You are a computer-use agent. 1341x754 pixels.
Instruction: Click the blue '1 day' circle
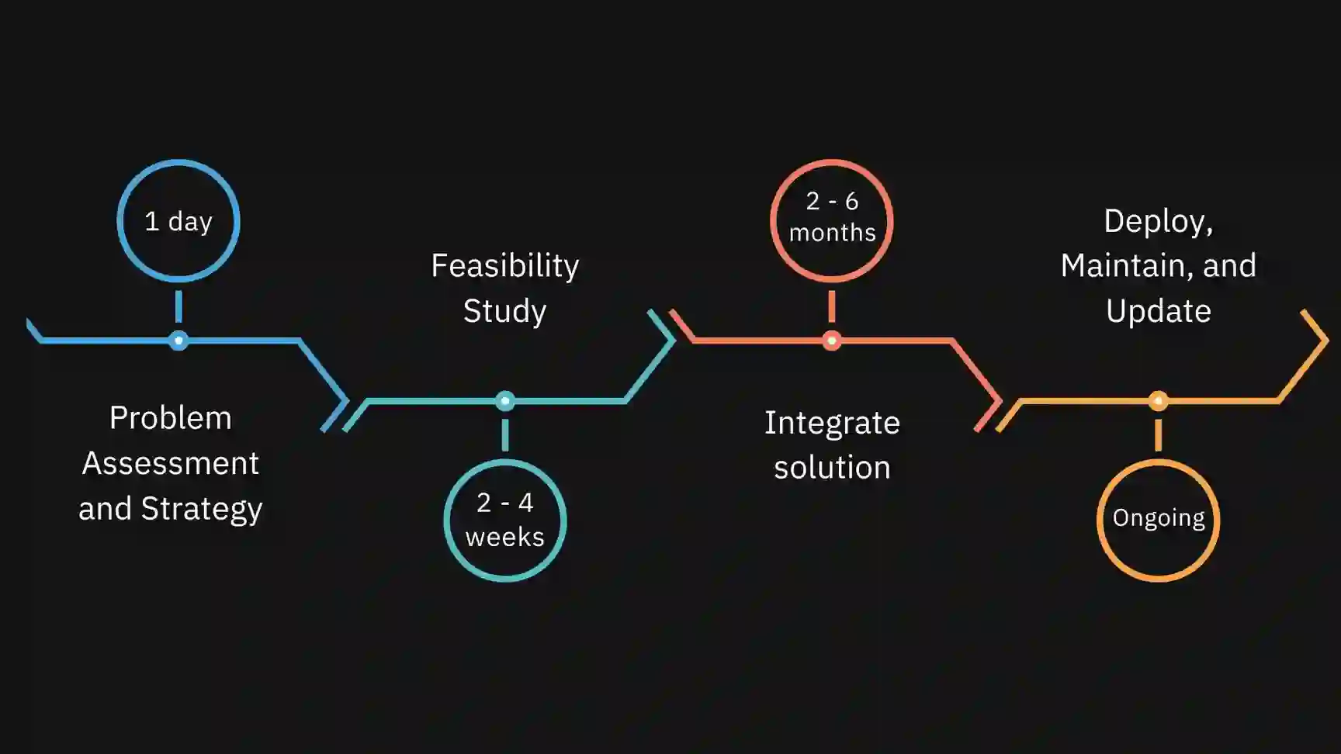point(178,221)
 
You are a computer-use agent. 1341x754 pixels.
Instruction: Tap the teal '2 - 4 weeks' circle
point(505,520)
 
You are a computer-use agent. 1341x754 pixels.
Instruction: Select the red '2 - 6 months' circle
point(832,220)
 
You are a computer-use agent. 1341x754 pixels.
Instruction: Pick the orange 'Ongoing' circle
point(1158,520)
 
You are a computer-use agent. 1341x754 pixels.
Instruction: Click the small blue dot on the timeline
point(178,341)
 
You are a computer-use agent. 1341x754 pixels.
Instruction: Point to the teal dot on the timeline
point(505,401)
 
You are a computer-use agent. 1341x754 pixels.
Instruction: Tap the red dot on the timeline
point(832,341)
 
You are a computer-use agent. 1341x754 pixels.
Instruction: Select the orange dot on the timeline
point(1158,401)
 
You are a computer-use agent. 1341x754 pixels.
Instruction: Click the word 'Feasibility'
point(505,266)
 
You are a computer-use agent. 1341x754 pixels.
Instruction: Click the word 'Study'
point(505,311)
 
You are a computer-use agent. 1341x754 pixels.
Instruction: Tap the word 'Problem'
point(171,418)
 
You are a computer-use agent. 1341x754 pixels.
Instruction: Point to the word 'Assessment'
point(171,463)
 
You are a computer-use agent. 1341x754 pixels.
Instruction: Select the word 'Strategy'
point(202,509)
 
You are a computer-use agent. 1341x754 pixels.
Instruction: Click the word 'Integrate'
point(832,423)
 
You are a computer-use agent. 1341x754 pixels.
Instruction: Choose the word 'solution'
point(832,468)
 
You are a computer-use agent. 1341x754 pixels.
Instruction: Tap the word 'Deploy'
point(1156,222)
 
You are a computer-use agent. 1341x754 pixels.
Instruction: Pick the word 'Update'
point(1158,311)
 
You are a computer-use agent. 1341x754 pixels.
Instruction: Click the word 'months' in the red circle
point(832,233)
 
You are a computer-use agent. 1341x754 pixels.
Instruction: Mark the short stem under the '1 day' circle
point(178,306)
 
